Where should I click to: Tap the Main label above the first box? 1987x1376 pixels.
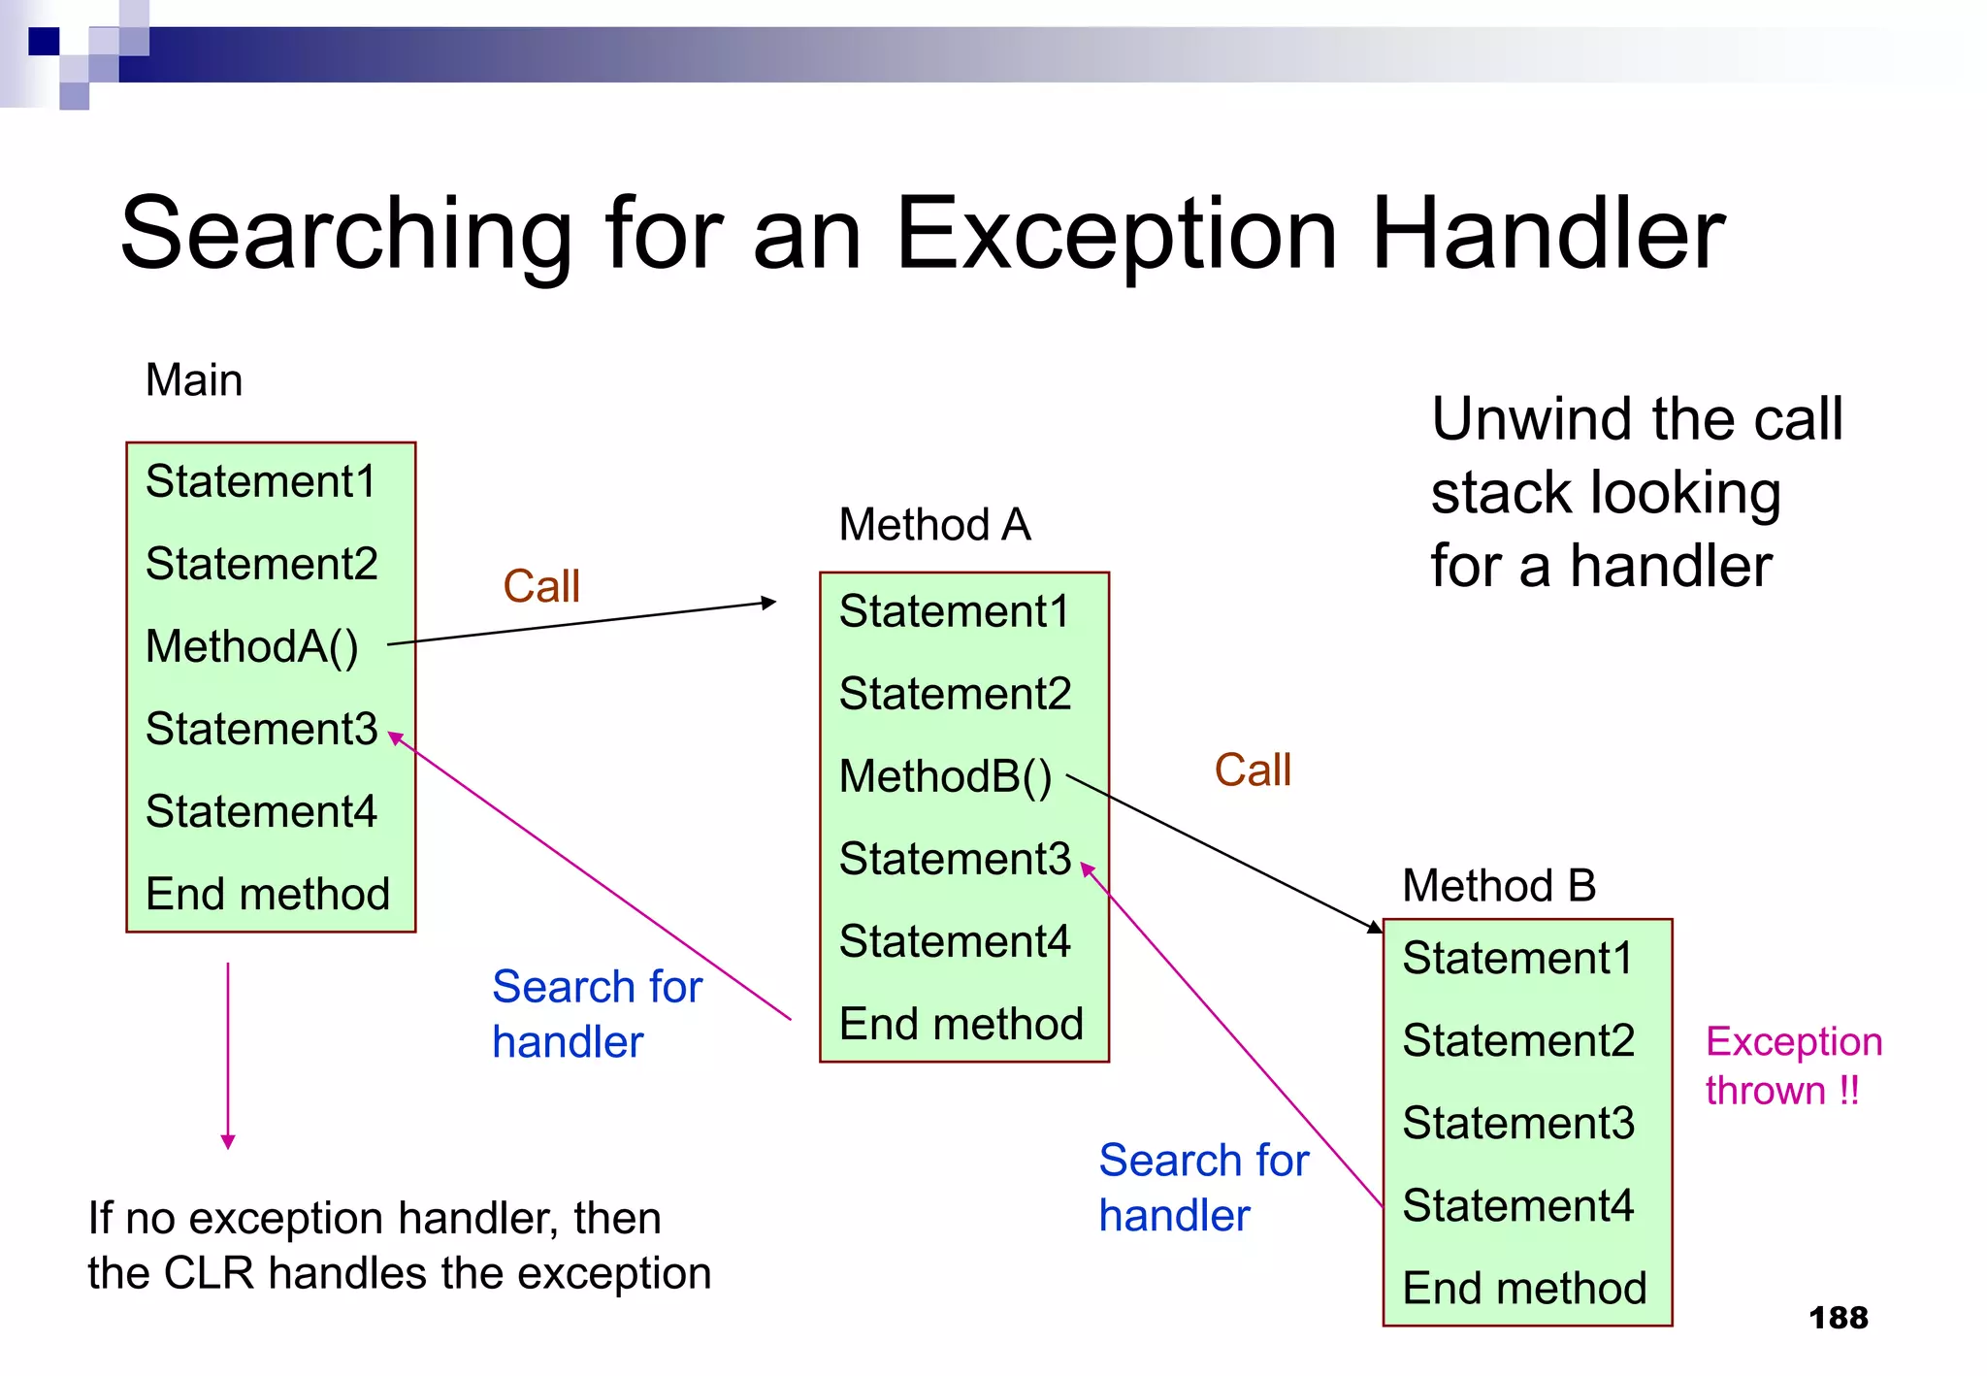coord(193,379)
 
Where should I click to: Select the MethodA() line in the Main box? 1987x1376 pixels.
coord(251,646)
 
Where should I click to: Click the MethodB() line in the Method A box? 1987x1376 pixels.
coord(945,776)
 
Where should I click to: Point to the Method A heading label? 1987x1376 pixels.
coord(934,525)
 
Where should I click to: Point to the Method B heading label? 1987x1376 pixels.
coord(1499,885)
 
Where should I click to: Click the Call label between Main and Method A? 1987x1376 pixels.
coord(541,586)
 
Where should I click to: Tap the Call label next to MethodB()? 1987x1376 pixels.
coord(1253,770)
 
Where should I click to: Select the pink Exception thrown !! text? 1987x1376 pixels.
coord(1793,1065)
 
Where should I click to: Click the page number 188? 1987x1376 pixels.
coord(1838,1318)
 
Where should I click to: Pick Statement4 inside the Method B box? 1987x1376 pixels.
coord(1517,1206)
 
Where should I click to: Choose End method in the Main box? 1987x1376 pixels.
coord(267,894)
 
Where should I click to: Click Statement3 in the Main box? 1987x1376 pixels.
coord(261,729)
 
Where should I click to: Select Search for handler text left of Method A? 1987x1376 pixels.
coord(596,1014)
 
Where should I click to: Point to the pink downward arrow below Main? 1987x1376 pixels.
coord(228,1058)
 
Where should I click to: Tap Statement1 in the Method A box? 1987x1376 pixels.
coord(954,611)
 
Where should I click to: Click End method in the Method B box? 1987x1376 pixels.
coord(1524,1289)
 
